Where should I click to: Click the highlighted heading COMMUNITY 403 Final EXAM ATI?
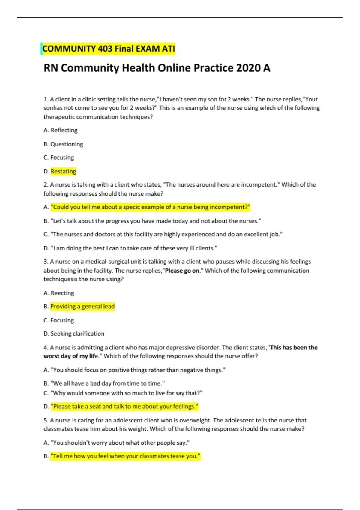pos(109,49)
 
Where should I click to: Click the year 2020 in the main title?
pos(248,68)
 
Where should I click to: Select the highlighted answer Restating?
pos(63,171)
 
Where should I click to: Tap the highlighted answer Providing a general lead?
pos(82,307)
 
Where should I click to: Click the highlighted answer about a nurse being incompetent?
pos(150,207)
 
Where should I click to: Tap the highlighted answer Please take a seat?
pos(124,406)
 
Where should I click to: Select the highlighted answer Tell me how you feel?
pos(125,456)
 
